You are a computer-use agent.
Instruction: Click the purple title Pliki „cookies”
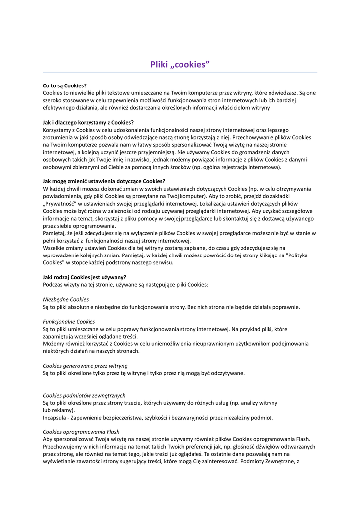(x=180, y=64)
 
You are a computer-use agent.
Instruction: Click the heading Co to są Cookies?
(x=65, y=85)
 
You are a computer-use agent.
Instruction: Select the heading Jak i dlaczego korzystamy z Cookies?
(x=89, y=122)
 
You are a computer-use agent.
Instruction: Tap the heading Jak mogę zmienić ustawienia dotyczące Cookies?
(x=104, y=181)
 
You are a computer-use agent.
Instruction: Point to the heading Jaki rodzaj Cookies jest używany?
(x=85, y=277)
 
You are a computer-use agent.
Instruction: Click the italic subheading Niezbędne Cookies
(x=66, y=299)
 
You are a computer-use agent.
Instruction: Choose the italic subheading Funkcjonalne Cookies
(x=69, y=322)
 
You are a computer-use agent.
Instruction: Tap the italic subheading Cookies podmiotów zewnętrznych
(x=84, y=395)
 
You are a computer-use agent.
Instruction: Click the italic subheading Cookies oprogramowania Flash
(x=81, y=432)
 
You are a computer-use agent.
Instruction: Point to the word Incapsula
(x=55, y=418)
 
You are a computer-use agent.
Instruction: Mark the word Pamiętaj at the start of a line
(x=55, y=233)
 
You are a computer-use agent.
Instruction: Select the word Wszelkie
(x=54, y=248)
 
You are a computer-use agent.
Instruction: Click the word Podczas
(x=53, y=285)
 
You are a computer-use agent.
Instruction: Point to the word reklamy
(x=61, y=410)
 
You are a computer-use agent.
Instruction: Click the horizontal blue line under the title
(x=180, y=73)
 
